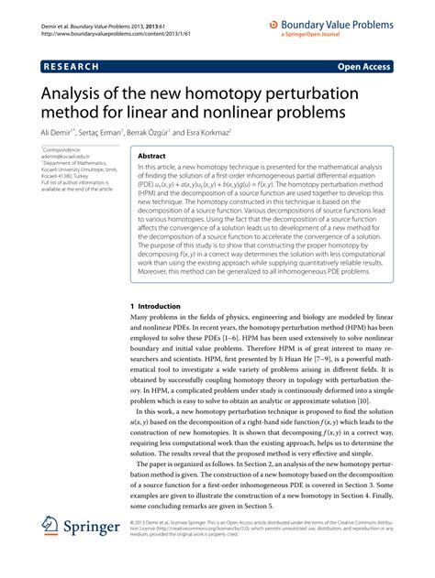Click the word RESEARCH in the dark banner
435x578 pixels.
coord(72,67)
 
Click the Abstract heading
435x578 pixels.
coord(151,157)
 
